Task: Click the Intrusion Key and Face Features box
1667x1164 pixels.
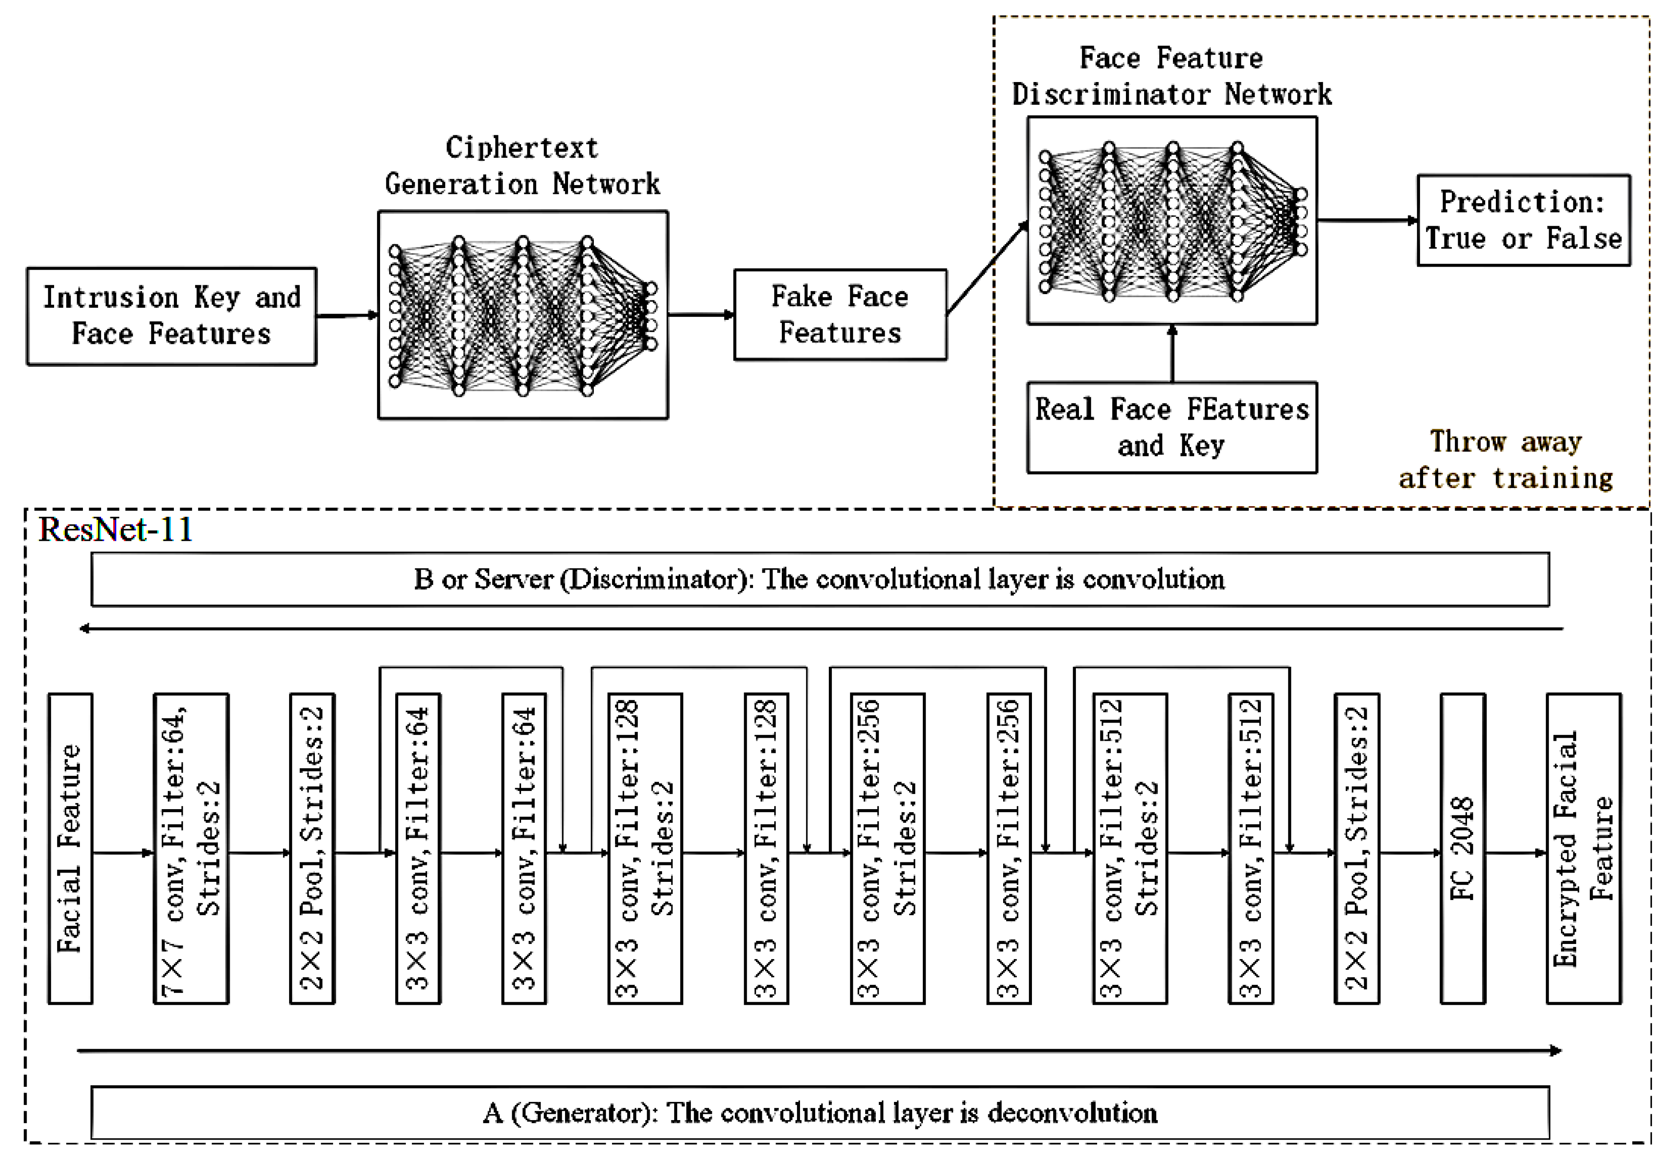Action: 171,316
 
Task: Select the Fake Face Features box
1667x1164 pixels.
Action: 839,315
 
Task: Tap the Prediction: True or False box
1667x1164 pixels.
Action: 1523,220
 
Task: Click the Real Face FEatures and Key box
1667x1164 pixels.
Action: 1171,428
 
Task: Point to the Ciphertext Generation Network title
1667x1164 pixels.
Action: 522,165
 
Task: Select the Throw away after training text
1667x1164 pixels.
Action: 1506,460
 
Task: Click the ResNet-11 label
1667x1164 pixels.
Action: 115,529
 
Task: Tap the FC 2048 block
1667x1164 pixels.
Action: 1462,848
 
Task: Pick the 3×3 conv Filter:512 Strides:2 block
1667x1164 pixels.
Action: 1130,848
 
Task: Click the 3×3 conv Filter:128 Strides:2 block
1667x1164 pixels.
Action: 645,848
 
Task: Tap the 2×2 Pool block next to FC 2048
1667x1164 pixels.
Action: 1356,848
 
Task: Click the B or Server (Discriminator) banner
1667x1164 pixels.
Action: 820,579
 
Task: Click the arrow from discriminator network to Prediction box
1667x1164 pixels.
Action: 1366,220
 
